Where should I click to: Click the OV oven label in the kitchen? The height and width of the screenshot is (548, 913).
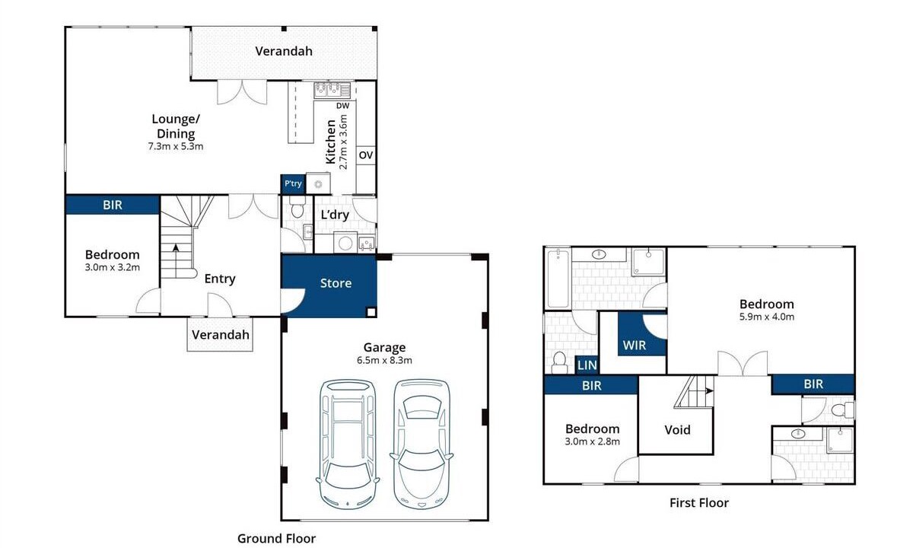click(x=366, y=155)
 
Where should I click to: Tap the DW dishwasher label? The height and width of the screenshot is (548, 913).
click(x=343, y=106)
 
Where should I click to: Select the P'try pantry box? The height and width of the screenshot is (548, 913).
click(x=293, y=184)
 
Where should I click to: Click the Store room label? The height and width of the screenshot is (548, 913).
click(x=336, y=283)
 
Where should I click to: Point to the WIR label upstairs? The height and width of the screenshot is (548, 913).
click(x=635, y=346)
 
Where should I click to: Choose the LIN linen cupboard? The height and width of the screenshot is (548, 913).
click(x=587, y=365)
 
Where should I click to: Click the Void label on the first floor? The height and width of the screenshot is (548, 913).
click(x=677, y=430)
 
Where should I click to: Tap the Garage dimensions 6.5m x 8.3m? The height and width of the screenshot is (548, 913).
click(x=384, y=361)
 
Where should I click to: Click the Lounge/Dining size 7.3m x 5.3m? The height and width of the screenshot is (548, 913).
click(x=176, y=146)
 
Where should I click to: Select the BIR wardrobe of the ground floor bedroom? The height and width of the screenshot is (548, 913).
click(x=112, y=205)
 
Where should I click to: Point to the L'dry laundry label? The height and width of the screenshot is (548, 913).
click(x=335, y=215)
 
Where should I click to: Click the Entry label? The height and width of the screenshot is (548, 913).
click(x=220, y=279)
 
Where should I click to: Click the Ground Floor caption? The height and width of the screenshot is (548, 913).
click(x=276, y=539)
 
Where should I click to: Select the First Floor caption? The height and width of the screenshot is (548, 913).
click(x=699, y=503)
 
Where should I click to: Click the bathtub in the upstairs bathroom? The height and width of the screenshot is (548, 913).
click(x=558, y=279)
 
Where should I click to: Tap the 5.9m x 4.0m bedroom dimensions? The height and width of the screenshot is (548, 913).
click(x=767, y=317)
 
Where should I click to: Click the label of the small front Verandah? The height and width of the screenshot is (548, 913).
click(x=220, y=335)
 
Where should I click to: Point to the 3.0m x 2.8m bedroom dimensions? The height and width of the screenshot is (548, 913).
click(x=592, y=441)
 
